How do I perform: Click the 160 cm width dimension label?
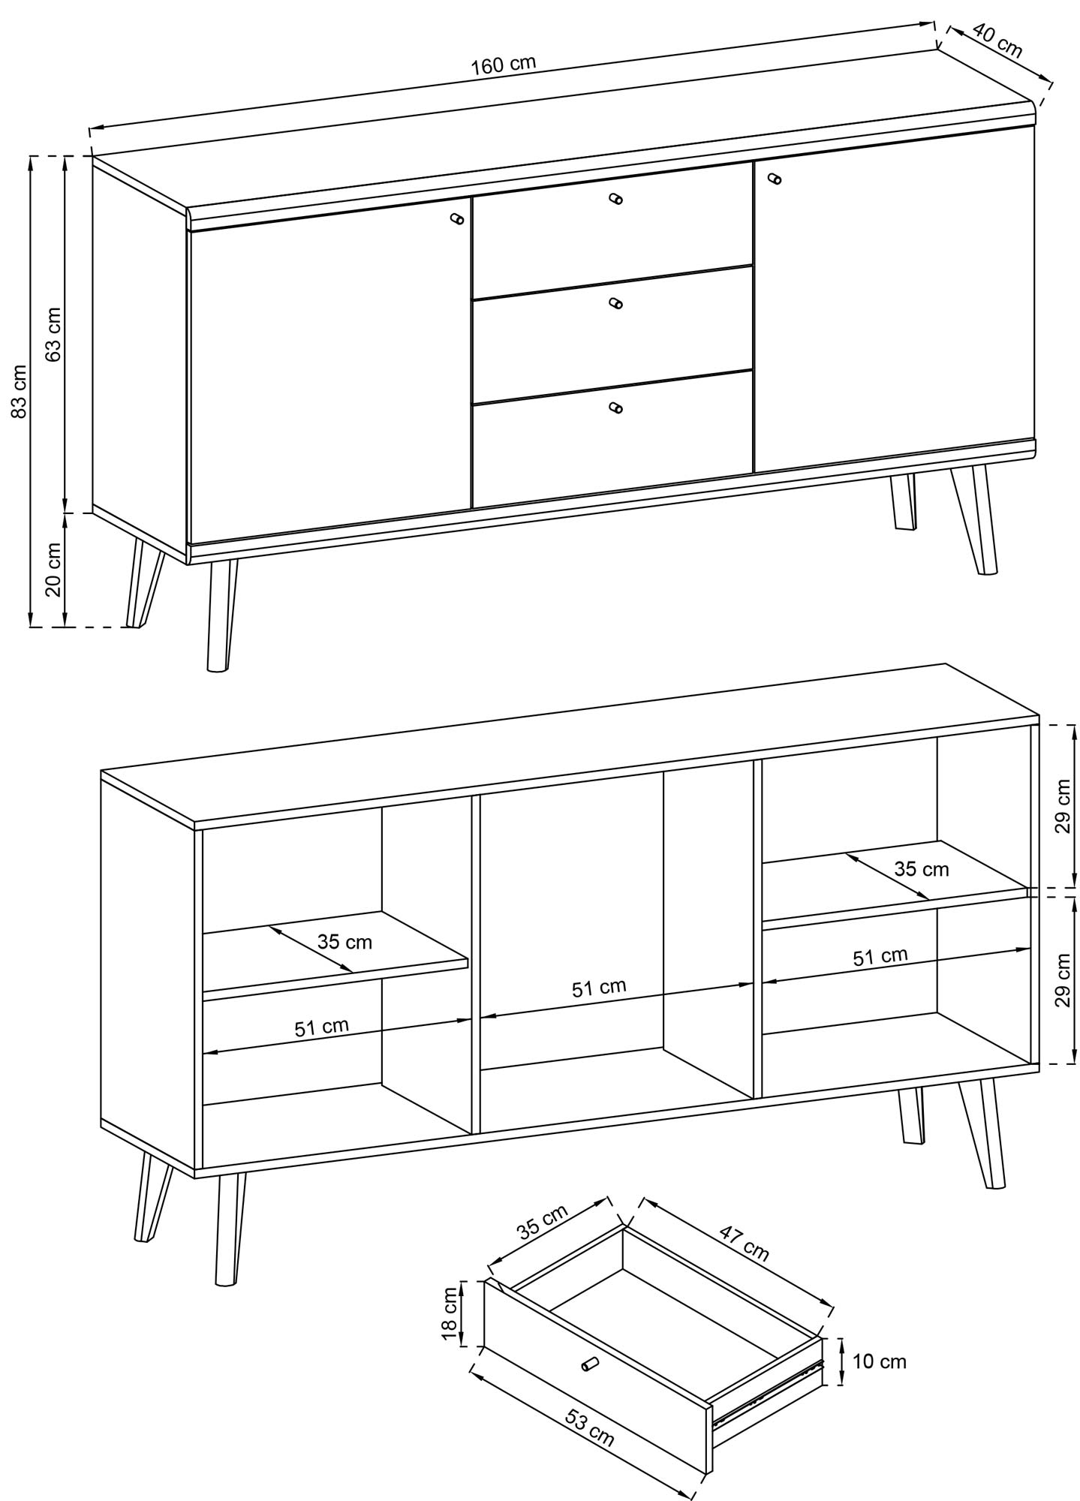point(504,64)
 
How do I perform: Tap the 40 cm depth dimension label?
point(997,40)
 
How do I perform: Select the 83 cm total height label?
point(19,390)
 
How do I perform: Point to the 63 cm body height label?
point(53,334)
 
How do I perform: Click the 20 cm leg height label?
point(53,568)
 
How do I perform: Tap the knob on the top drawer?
point(616,199)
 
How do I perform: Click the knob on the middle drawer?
point(615,303)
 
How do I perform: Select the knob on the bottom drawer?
point(615,408)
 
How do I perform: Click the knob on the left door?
point(456,218)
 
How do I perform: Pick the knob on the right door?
point(775,179)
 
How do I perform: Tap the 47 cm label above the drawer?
point(745,1243)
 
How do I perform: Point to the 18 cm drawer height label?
point(449,1313)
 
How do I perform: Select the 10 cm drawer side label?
point(880,1361)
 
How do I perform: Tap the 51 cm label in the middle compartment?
point(599,988)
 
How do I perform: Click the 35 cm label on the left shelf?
point(344,941)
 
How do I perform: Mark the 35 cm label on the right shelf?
point(922,869)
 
